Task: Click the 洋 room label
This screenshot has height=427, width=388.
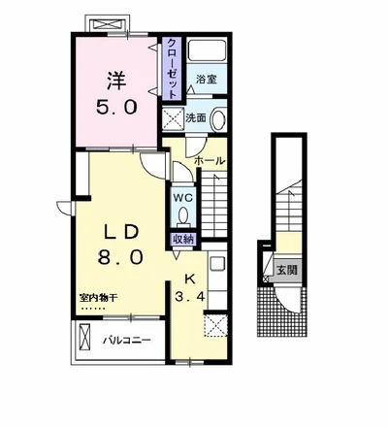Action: pyautogui.click(x=116, y=81)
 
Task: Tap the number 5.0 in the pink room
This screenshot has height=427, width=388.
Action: pyautogui.click(x=117, y=107)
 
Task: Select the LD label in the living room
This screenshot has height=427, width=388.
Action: pyautogui.click(x=120, y=232)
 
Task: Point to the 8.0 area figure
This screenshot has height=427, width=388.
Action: pyautogui.click(x=120, y=257)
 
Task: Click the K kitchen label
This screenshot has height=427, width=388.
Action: pyautogui.click(x=190, y=279)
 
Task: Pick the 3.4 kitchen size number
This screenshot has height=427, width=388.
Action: pyautogui.click(x=190, y=296)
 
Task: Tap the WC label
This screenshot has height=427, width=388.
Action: pyautogui.click(x=183, y=198)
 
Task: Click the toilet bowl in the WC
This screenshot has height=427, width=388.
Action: pyautogui.click(x=183, y=215)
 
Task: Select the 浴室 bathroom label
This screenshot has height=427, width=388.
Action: pyautogui.click(x=207, y=80)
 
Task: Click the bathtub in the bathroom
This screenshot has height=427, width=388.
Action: pyautogui.click(x=207, y=50)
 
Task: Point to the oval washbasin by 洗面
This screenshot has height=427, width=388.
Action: pyautogui.click(x=218, y=119)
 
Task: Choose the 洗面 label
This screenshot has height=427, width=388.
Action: pyautogui.click(x=195, y=118)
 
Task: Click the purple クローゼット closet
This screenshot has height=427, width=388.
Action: pyautogui.click(x=173, y=69)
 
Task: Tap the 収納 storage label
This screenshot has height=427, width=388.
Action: pyautogui.click(x=183, y=240)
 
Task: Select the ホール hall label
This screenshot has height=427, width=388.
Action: pyautogui.click(x=210, y=161)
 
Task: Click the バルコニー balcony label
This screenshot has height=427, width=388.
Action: pyautogui.click(x=127, y=341)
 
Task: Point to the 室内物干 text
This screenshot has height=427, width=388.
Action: pyautogui.click(x=97, y=298)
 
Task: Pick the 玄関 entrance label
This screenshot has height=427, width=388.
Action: pyautogui.click(x=287, y=270)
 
